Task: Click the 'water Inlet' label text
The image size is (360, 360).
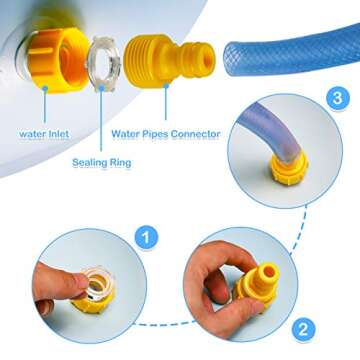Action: click(x=44, y=134)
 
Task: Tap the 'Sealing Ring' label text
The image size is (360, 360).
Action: click(x=102, y=163)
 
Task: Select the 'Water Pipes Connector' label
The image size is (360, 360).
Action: click(x=166, y=134)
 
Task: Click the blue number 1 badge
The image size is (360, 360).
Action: click(x=146, y=238)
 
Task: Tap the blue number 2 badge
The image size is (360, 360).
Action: click(x=303, y=330)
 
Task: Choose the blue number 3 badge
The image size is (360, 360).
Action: click(x=337, y=98)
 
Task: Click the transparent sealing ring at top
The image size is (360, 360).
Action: click(x=104, y=63)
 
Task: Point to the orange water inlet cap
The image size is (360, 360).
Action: click(x=56, y=60)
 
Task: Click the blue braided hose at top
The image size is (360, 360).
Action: click(x=292, y=50)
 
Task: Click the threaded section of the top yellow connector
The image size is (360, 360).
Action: click(x=144, y=61)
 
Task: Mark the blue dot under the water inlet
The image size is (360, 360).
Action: click(x=45, y=88)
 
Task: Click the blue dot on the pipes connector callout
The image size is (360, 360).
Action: click(x=166, y=86)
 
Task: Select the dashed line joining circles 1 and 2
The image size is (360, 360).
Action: click(x=164, y=323)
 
